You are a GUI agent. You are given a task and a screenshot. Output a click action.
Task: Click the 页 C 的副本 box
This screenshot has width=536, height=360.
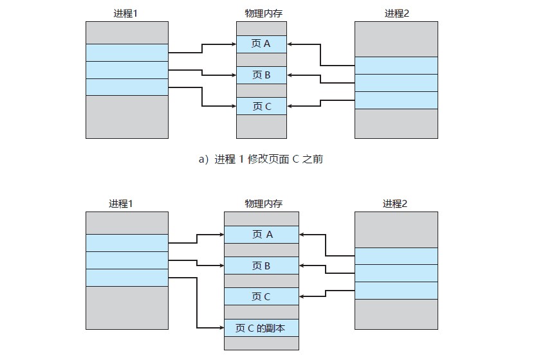pos(261,327)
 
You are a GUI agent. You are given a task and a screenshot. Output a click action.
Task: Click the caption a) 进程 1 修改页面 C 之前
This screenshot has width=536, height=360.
pos(261,159)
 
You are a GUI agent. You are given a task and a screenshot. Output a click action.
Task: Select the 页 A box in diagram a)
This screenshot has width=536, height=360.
pos(261,44)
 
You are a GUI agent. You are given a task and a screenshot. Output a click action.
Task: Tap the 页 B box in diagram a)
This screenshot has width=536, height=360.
pos(261,75)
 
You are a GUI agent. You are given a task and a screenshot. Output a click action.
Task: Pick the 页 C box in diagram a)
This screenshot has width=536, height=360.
pos(261,106)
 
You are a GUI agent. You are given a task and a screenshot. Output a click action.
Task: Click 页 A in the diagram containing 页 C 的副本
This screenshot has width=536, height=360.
pos(261,235)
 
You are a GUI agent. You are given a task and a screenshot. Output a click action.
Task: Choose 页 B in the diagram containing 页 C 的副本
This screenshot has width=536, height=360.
pos(261,265)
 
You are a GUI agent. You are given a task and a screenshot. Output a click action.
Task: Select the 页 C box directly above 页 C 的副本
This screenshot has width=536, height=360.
pos(261,296)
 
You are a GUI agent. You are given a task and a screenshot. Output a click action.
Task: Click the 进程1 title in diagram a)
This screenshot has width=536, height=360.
pos(126,13)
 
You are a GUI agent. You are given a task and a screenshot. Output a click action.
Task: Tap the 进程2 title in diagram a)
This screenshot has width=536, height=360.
pos(396,13)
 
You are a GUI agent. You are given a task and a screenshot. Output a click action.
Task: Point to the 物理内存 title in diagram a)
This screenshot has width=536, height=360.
pos(261,13)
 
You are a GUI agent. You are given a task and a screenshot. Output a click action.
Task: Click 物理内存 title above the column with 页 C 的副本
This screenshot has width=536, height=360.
pos(261,203)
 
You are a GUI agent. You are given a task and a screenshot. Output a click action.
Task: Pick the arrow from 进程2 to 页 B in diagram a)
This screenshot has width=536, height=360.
pos(322,76)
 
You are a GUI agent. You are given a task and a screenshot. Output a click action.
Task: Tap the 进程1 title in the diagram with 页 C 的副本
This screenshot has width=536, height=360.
pos(126,203)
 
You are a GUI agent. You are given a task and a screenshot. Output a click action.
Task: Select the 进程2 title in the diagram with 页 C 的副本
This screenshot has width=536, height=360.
pos(396,203)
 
